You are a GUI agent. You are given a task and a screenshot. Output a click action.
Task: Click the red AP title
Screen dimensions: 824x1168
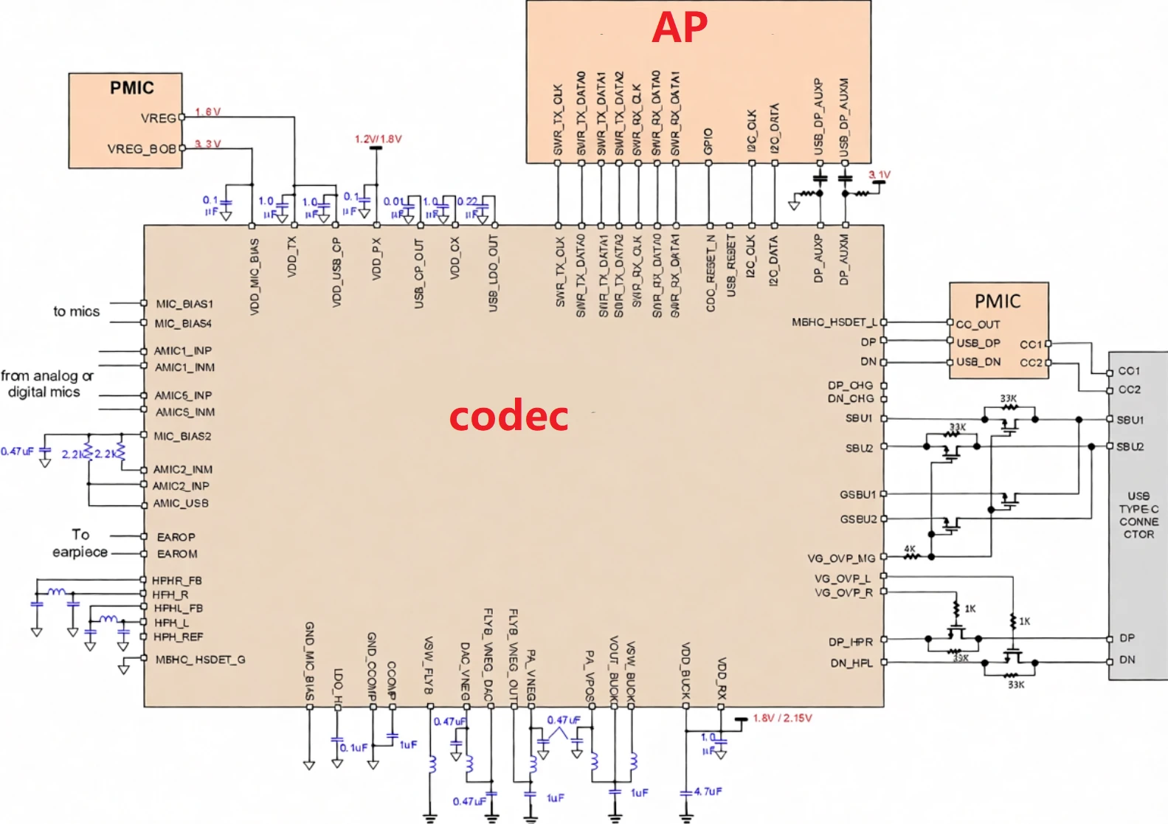click(680, 28)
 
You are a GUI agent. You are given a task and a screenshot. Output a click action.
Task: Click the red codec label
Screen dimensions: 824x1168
click(508, 416)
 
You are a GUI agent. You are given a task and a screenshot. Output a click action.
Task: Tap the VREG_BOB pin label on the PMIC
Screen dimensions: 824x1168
click(142, 149)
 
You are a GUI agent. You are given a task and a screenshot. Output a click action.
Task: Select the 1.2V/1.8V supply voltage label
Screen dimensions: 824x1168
click(378, 139)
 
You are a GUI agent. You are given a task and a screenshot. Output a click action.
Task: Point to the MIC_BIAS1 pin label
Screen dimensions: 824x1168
click(184, 304)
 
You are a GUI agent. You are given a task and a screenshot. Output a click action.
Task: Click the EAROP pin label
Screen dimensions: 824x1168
click(176, 537)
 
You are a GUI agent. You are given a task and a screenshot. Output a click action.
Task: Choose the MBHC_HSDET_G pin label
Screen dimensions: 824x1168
click(200, 659)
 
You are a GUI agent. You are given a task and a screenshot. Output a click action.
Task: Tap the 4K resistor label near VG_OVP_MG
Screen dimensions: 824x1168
click(910, 549)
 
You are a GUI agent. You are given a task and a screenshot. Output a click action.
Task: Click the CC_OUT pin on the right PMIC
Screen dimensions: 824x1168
click(978, 324)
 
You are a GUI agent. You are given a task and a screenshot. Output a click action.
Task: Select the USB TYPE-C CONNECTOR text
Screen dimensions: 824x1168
click(1138, 515)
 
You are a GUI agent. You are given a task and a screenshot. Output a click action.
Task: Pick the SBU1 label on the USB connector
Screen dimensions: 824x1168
click(1130, 420)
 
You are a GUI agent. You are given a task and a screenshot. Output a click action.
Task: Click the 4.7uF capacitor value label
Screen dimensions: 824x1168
click(708, 792)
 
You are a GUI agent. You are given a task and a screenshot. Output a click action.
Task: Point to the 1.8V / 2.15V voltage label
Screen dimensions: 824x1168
click(782, 718)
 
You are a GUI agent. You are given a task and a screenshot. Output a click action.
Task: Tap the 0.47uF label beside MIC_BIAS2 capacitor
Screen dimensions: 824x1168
click(17, 451)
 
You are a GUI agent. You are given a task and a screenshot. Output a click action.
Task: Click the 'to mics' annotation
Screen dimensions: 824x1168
click(76, 311)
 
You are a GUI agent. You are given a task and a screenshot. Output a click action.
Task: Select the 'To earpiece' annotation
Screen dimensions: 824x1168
click(80, 543)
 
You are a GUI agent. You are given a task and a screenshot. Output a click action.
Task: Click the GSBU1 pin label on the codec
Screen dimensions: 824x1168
click(857, 494)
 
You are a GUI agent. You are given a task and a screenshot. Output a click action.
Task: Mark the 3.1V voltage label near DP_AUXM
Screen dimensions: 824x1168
click(880, 175)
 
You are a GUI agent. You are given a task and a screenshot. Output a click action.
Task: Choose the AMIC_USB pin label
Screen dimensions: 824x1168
click(181, 503)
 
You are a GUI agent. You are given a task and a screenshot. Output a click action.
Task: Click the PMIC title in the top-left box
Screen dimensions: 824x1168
click(132, 88)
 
